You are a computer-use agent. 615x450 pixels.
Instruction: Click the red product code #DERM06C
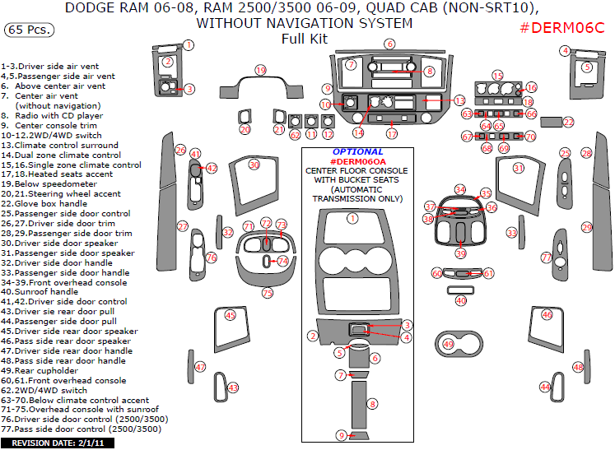pos(562,29)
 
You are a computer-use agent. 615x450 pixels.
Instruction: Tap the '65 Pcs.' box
pos(30,30)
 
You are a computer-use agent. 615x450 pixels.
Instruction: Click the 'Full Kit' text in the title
pos(304,39)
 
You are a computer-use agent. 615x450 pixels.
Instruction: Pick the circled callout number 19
pos(260,71)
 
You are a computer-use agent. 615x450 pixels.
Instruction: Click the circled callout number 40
pos(461,301)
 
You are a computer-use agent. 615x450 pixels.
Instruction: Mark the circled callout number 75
pos(267,293)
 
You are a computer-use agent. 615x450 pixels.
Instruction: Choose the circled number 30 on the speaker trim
pos(254,165)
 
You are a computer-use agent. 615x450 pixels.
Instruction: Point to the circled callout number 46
pos(547,314)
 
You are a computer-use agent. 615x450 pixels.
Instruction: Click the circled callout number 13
pos(459,100)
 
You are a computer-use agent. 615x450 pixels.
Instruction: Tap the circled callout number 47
pos(201,366)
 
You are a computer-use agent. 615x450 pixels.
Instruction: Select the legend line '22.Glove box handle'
pos(44,203)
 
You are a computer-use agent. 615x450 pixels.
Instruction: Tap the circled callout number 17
pos(393,133)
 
